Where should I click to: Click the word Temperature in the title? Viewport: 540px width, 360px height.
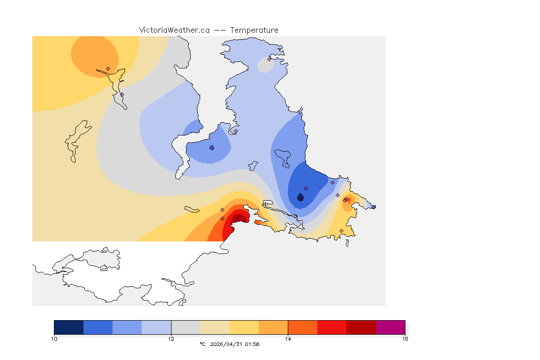tap(254, 30)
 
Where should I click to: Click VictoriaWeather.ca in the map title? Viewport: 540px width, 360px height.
tap(174, 30)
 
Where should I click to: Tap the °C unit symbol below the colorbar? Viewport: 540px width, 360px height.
tap(202, 344)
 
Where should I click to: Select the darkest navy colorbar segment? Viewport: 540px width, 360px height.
tap(68, 327)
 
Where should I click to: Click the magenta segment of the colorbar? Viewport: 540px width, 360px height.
tap(390, 327)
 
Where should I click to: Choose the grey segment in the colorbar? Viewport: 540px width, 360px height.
tap(186, 327)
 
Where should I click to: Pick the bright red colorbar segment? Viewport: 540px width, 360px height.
tap(332, 327)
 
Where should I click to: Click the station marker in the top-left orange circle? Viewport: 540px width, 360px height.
tap(108, 68)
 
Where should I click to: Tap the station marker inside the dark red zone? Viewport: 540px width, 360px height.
tap(238, 218)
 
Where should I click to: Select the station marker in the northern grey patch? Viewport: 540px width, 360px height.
tap(270, 59)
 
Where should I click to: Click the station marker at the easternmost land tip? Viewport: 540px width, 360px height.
tap(374, 207)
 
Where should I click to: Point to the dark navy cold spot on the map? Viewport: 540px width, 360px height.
tap(300, 197)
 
